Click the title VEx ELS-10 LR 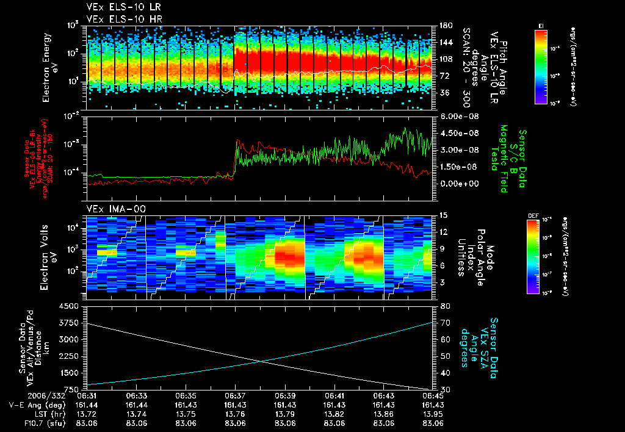pyautogui.click(x=118, y=7)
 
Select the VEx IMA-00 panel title pyautogui.click(x=112, y=209)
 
